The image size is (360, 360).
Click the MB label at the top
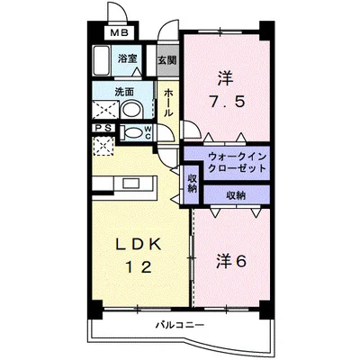pyautogui.click(x=118, y=34)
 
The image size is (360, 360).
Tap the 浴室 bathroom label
pyautogui.click(x=129, y=59)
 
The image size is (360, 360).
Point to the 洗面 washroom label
pyautogui.click(x=124, y=91)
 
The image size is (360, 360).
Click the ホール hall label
pyautogui.click(x=168, y=103)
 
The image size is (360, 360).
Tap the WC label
pyautogui.click(x=148, y=133)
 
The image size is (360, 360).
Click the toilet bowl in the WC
pyautogui.click(x=132, y=132)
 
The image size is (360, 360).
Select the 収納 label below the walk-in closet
pyautogui.click(x=236, y=194)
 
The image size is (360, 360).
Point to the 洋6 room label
pyautogui.click(x=232, y=261)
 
